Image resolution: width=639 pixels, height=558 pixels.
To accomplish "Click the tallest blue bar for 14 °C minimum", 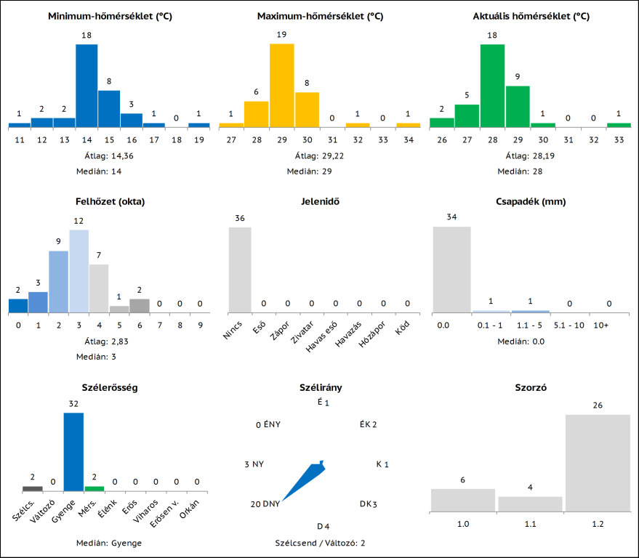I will [x=87, y=86].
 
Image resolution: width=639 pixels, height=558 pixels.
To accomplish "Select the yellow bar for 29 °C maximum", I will [x=282, y=86].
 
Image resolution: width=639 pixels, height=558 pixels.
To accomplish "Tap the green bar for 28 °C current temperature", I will [x=492, y=86].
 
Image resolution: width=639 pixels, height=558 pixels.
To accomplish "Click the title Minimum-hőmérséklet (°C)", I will [x=109, y=16].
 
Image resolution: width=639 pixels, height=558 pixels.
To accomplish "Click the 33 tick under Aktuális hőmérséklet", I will [x=619, y=139].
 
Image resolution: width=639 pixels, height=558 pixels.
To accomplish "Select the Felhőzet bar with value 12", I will [x=79, y=270].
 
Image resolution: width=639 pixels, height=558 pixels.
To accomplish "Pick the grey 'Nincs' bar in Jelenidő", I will [x=240, y=270].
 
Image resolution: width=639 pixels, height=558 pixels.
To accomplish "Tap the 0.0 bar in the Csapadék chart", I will [x=451, y=270].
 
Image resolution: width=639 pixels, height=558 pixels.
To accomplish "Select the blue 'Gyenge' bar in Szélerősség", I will [x=73, y=452].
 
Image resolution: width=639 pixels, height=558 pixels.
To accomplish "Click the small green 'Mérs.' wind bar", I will [x=95, y=488].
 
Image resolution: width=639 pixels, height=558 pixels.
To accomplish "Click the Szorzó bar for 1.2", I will [x=598, y=463].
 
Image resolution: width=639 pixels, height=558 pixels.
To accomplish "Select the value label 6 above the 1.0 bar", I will [x=462, y=480].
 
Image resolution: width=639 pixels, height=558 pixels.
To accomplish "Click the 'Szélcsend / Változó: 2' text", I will [x=320, y=543].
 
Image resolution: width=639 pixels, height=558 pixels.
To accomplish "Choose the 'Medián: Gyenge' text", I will [x=109, y=543].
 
